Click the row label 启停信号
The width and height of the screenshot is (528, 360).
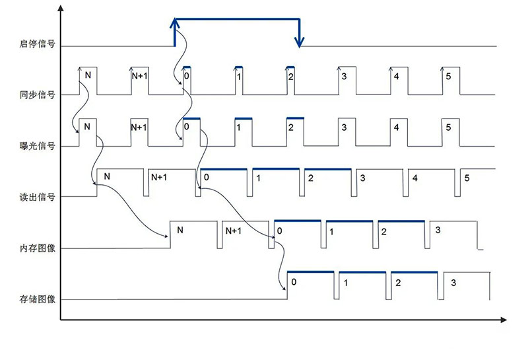point(36,45)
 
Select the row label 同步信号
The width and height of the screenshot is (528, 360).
point(36,94)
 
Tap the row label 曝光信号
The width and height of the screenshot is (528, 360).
point(36,145)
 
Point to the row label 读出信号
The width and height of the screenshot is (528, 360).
point(36,196)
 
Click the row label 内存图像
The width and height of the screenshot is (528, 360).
point(36,248)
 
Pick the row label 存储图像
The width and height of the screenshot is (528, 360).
point(36,299)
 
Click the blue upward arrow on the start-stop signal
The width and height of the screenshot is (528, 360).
point(174,25)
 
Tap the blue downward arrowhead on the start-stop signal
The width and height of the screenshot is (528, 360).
point(300,42)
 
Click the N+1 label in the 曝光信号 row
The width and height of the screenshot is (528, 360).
point(138,127)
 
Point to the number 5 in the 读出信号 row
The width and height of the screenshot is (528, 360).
point(467,178)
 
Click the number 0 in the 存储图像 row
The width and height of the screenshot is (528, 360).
point(294,281)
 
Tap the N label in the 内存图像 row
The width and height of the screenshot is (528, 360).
point(180,231)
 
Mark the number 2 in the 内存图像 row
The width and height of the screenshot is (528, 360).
point(383,231)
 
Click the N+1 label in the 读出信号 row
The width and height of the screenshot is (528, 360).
point(160,178)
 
